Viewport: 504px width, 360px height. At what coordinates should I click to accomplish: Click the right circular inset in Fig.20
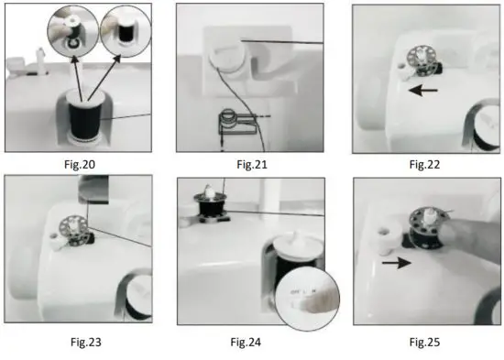125,28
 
